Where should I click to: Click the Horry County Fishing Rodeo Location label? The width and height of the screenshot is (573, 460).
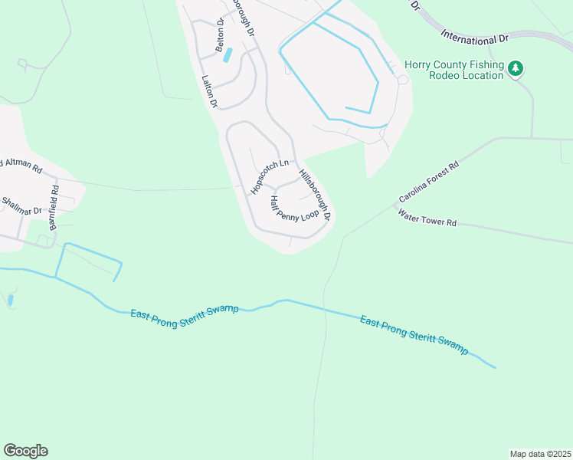(x=453, y=70)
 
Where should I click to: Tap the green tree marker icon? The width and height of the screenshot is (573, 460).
(x=517, y=70)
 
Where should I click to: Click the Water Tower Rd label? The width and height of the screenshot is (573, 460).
(x=427, y=219)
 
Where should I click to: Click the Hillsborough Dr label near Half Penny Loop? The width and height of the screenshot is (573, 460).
(x=315, y=195)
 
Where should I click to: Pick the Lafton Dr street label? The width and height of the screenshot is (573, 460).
(x=209, y=91)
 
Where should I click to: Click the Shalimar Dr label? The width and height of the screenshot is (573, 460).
(x=21, y=205)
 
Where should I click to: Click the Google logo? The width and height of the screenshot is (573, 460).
(x=25, y=451)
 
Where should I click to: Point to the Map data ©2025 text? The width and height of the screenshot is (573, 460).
(x=541, y=453)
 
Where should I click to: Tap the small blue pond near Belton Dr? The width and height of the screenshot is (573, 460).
(x=227, y=55)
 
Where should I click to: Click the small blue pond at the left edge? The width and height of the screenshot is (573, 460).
(x=10, y=300)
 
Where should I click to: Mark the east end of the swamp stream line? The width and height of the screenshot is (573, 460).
(x=496, y=368)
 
